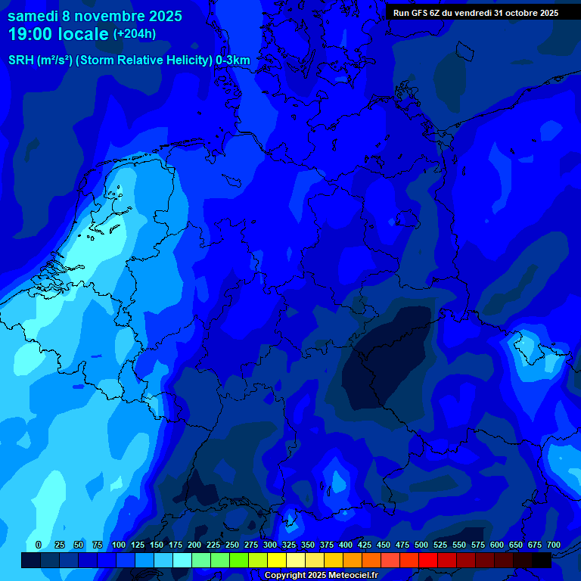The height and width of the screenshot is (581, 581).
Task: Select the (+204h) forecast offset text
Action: coord(135,34)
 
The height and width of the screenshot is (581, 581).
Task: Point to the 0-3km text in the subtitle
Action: coord(232,61)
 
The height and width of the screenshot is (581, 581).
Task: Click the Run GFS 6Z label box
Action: coord(475,12)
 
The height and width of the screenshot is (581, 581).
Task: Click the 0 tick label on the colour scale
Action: coord(39,545)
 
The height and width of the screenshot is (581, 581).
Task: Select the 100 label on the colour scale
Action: coord(119,545)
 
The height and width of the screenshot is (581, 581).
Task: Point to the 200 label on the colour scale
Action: coord(194,545)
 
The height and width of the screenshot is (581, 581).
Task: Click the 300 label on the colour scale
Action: coord(270,545)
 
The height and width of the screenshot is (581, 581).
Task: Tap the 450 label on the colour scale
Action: coord(384,545)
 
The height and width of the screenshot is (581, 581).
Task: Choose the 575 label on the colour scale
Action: coord(478,545)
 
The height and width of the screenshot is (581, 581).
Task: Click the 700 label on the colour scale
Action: coord(553,545)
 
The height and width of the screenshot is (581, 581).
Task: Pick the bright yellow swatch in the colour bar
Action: coord(277,560)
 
